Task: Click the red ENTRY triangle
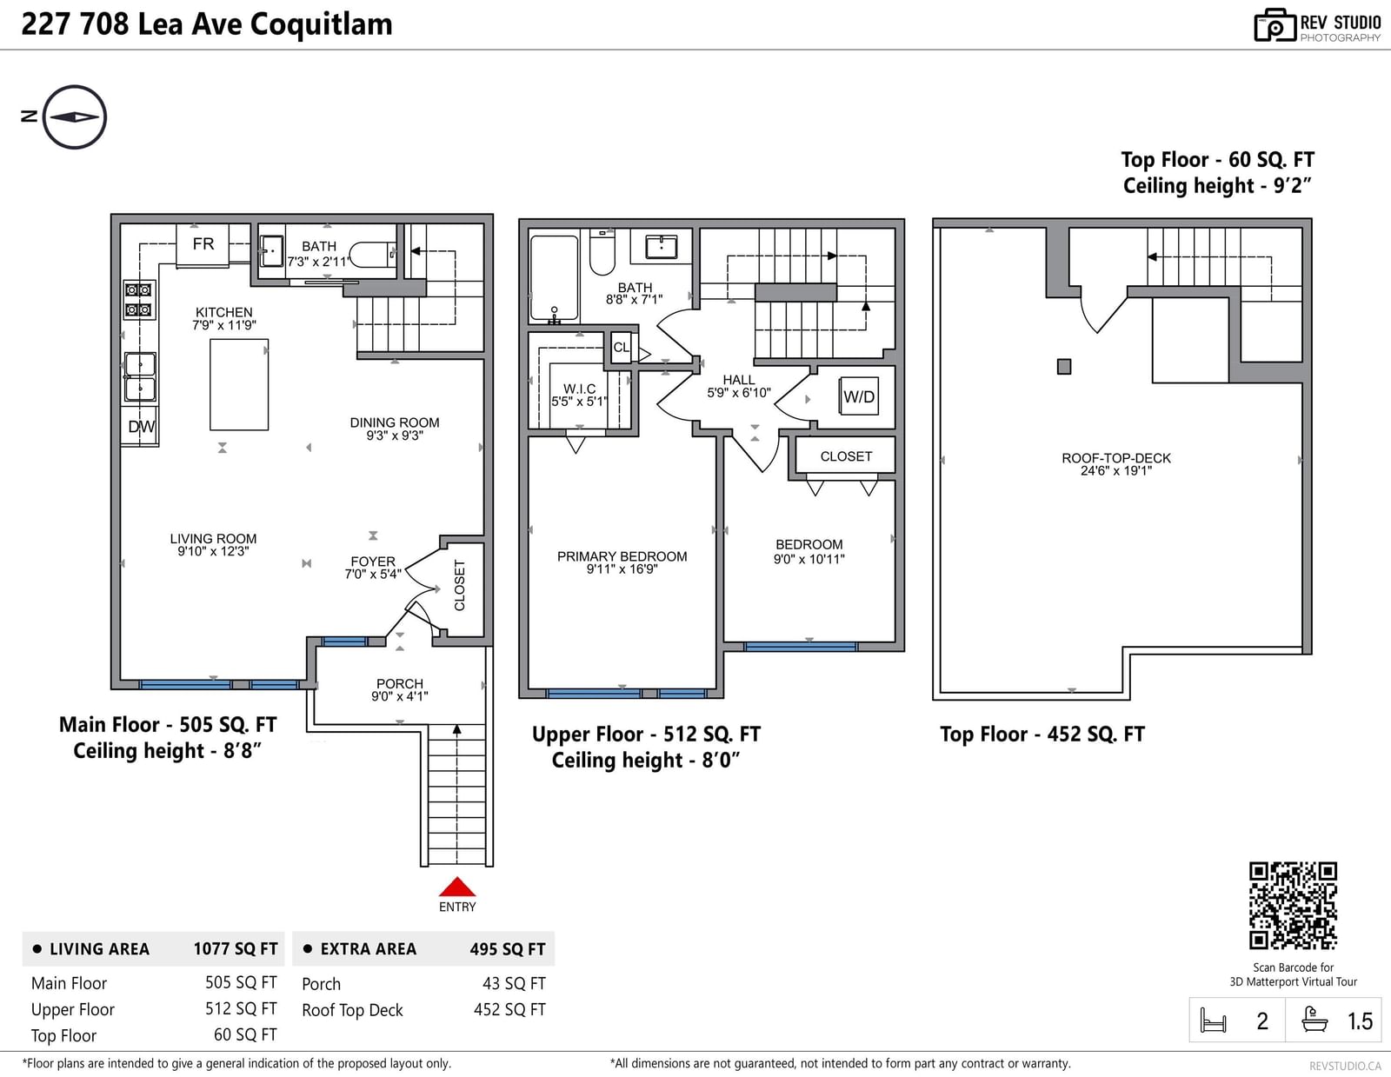pyautogui.click(x=456, y=887)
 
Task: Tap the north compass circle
pyautogui.click(x=74, y=86)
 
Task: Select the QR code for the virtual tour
pyautogui.click(x=1293, y=906)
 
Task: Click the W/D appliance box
pyautogui.click(x=858, y=396)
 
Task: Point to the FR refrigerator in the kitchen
pyautogui.click(x=203, y=243)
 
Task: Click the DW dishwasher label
pyautogui.click(x=141, y=426)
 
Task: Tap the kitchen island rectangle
pyautogui.click(x=239, y=384)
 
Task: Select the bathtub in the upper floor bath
pyautogui.click(x=554, y=278)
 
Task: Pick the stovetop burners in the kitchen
pyautogui.click(x=139, y=300)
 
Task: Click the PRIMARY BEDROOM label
pyautogui.click(x=622, y=556)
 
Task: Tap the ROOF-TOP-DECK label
pyautogui.click(x=1115, y=458)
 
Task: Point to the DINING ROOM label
pyautogui.click(x=395, y=422)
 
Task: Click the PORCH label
pyautogui.click(x=399, y=683)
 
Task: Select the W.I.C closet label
pyautogui.click(x=579, y=389)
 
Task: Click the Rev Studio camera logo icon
pyautogui.click(x=1275, y=25)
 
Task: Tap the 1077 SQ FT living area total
pyautogui.click(x=236, y=948)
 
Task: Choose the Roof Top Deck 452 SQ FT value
pyautogui.click(x=509, y=1009)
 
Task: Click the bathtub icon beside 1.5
pyautogui.click(x=1314, y=1020)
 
